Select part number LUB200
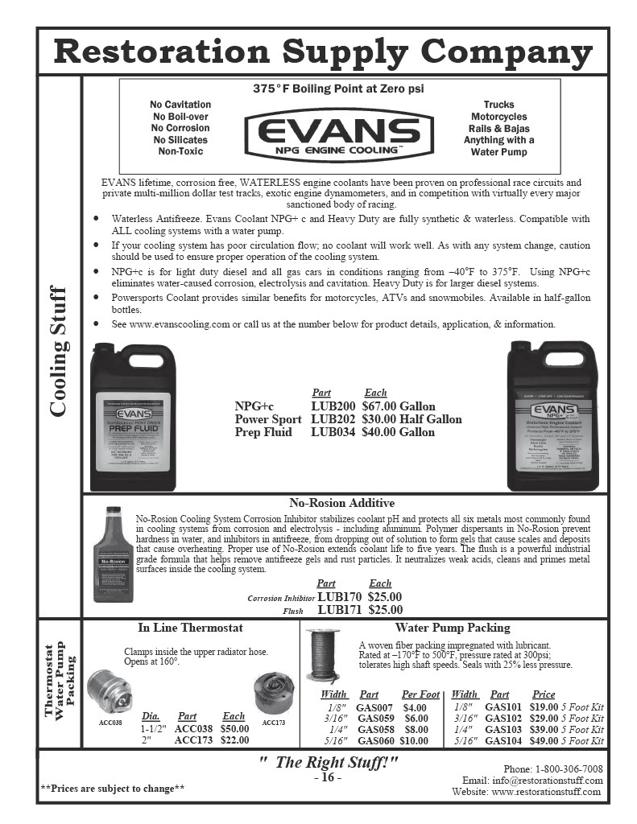pyautogui.click(x=333, y=407)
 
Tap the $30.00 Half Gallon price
pyautogui.click(x=412, y=419)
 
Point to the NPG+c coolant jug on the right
pyautogui.click(x=552, y=417)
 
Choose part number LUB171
pyautogui.click(x=341, y=610)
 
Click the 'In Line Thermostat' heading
pyautogui.click(x=190, y=628)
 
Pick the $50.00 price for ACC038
pyautogui.click(x=234, y=728)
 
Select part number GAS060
pyautogui.click(x=374, y=740)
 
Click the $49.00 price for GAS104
pyautogui.click(x=544, y=740)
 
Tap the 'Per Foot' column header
pyautogui.click(x=420, y=694)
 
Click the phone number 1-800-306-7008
pyautogui.click(x=563, y=769)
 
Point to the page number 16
pyautogui.click(x=327, y=778)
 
